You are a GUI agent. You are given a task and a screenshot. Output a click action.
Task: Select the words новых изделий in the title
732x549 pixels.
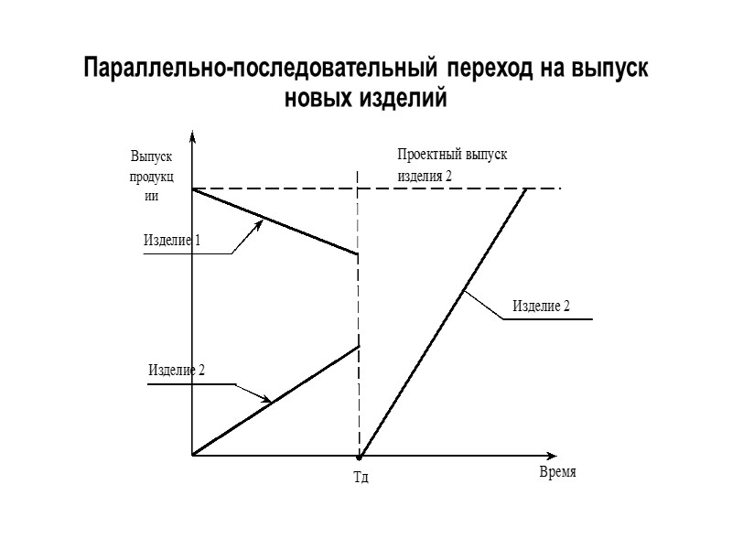pyautogui.click(x=366, y=98)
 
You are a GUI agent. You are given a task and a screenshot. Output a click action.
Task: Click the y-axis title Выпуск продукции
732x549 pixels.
pyautogui.click(x=152, y=175)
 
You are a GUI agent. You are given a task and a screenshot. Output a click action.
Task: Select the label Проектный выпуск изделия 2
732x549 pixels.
pyautogui.click(x=451, y=165)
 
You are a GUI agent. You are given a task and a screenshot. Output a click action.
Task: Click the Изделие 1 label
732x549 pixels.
pyautogui.click(x=172, y=241)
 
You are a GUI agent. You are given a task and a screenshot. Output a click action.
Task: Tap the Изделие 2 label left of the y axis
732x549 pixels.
pyautogui.click(x=176, y=371)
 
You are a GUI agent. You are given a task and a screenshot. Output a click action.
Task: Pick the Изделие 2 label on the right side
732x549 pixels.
pyautogui.click(x=541, y=305)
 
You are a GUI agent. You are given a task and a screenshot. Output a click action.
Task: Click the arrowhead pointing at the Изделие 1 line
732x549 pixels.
pyautogui.click(x=260, y=221)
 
